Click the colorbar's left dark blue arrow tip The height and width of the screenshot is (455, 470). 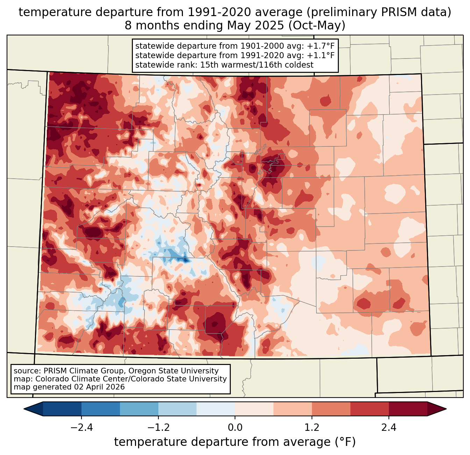24,409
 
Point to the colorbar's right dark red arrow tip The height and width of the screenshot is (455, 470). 446,409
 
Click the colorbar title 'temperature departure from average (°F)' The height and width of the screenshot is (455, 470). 235,442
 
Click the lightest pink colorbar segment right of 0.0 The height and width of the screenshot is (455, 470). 254,409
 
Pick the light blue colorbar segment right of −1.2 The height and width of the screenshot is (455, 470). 178,409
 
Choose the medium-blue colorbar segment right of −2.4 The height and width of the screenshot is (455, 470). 101,409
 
